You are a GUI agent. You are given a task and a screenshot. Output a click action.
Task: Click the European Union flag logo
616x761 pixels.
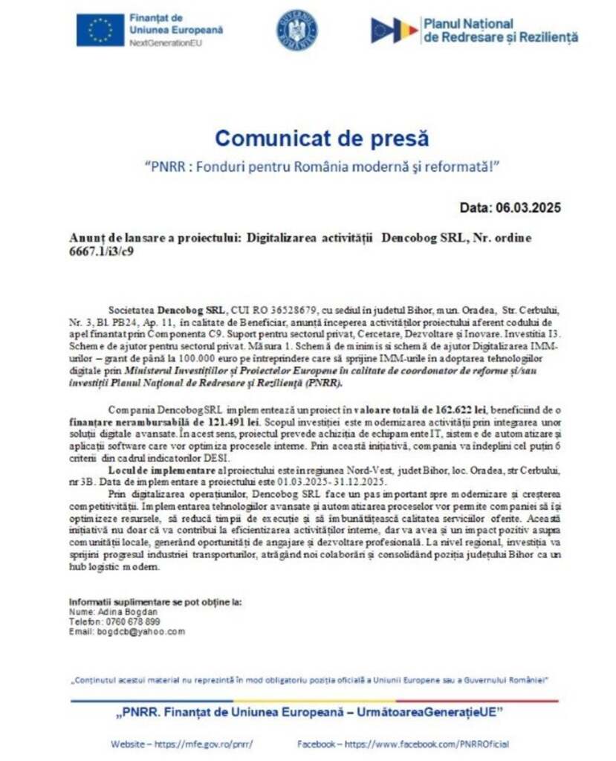100,30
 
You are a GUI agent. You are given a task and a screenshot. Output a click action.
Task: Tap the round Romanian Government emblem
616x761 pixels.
297,30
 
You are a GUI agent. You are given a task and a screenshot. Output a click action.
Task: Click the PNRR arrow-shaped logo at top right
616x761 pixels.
394,30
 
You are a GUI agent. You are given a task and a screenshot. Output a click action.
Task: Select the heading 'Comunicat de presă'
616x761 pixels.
322,138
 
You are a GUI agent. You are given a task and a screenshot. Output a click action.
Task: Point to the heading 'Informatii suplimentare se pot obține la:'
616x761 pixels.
155,601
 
